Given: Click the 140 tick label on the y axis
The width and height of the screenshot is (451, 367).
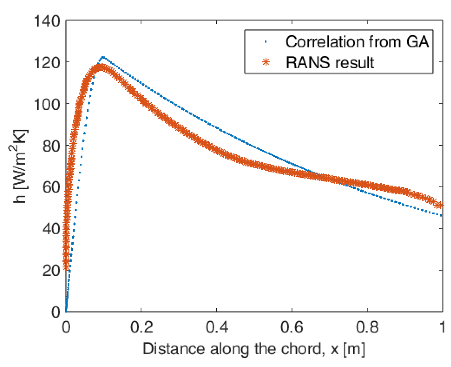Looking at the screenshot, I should [47, 22].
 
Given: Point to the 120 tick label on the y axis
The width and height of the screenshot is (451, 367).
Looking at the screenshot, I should [47, 63].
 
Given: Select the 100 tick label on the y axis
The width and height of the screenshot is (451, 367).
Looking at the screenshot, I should [47, 105].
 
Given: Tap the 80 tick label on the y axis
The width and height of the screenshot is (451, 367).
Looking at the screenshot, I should [51, 146].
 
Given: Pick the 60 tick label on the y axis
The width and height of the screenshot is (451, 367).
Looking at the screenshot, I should [51, 187].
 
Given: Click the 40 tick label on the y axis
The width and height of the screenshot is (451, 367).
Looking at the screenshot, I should [51, 229].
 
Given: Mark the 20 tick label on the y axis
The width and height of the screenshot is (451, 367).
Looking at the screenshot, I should [51, 271].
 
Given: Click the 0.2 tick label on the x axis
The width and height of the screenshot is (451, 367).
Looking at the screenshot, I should [141, 327].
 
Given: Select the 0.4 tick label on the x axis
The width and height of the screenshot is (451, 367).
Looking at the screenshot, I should [217, 327].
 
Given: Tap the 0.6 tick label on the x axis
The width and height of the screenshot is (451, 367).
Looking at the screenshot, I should [292, 327].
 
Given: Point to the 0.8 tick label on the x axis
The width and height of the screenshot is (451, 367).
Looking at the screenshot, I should [367, 327].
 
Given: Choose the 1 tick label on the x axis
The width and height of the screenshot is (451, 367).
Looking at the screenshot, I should [442, 327].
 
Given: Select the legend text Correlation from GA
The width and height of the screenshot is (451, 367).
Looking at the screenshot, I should [357, 42].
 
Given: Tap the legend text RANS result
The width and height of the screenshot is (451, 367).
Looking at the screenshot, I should [330, 62].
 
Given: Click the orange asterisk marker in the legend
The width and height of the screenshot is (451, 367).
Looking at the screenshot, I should [266, 62].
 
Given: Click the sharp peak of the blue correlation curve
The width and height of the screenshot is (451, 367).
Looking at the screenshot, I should [103, 57].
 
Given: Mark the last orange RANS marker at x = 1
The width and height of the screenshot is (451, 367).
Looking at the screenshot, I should [439, 205].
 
